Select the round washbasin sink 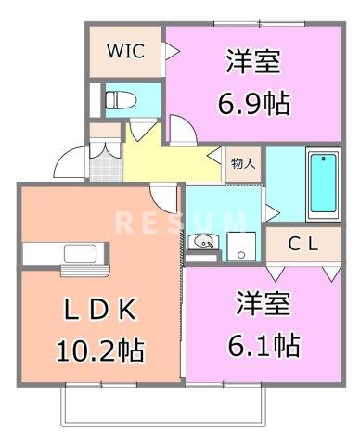(205, 243)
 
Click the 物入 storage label (243, 164)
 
